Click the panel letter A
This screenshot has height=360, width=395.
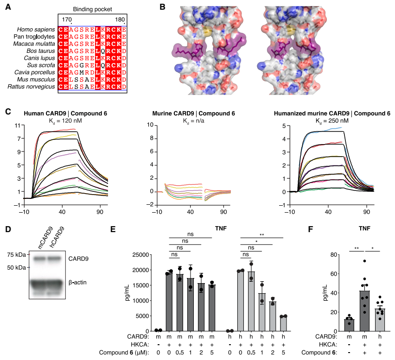8,7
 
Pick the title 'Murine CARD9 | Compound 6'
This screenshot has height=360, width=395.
193,114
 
